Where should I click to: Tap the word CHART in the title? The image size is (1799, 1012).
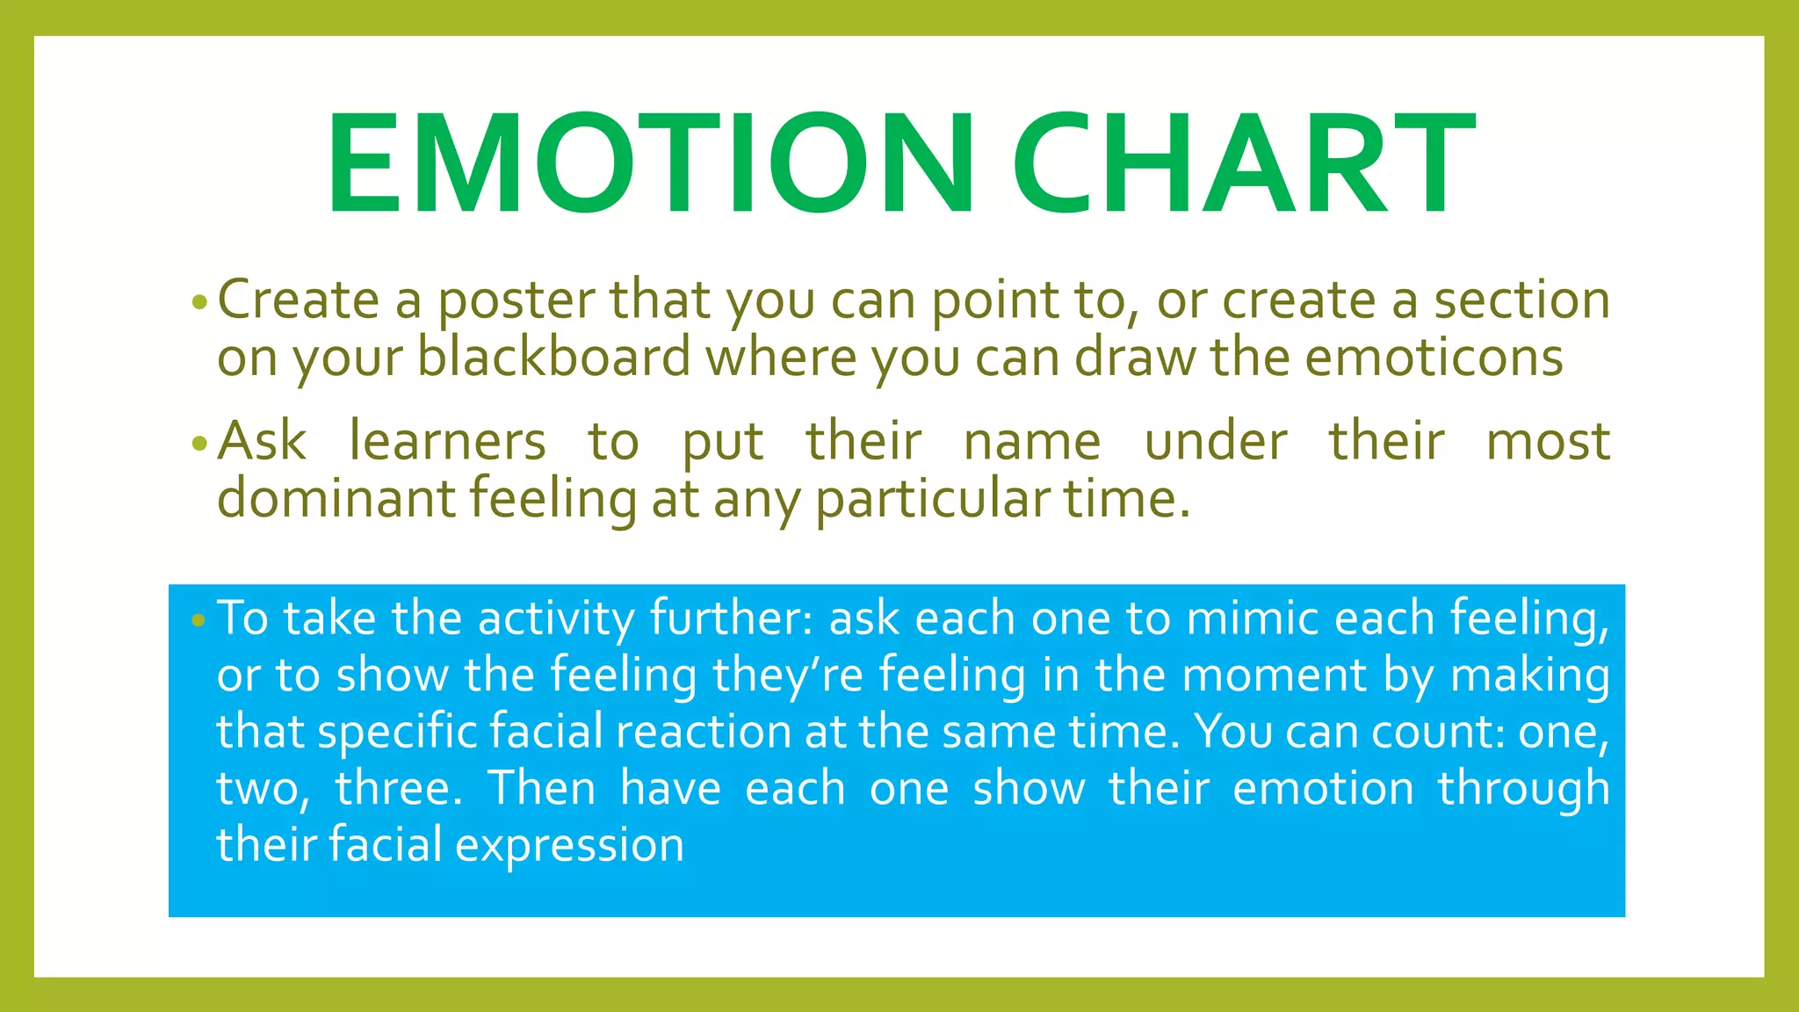click(1244, 164)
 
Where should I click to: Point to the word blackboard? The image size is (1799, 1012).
click(554, 358)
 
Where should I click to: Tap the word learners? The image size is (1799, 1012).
click(447, 441)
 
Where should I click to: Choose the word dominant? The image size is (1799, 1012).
click(336, 498)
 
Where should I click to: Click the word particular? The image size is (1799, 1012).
click(932, 500)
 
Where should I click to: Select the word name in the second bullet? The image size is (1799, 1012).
click(1032, 442)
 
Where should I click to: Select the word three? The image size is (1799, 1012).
click(398, 788)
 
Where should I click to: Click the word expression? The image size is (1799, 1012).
click(569, 846)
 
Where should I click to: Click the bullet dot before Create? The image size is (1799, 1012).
click(199, 304)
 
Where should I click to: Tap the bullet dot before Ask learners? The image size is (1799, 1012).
click(199, 445)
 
